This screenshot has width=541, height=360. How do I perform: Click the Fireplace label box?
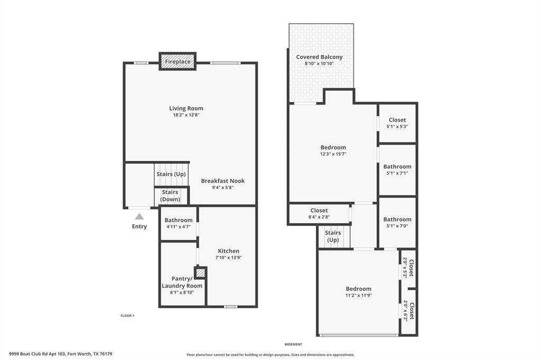coord(178,61)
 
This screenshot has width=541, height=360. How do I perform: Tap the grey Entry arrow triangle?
coord(139,216)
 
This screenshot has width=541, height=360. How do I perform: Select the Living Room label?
coord(186,108)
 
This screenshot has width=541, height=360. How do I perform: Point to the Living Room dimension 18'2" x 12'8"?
coord(186,115)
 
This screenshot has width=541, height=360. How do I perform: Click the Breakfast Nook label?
coord(222,181)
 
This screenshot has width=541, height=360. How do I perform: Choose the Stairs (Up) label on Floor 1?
coord(171,174)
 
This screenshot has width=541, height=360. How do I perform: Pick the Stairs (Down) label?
coord(170,196)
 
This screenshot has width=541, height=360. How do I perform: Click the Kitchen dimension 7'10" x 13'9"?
coord(229,258)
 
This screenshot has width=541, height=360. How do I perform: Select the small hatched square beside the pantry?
coord(200,272)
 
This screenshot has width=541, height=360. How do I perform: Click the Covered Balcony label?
coord(319,57)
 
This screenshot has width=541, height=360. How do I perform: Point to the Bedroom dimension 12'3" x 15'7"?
coord(333,154)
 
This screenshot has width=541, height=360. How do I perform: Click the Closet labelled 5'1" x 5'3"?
coord(397,120)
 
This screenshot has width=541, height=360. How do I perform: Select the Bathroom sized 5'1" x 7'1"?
coord(397,166)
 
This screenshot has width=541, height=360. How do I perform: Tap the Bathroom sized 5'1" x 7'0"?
coord(397,219)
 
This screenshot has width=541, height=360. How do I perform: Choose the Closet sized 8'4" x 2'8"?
coord(319,211)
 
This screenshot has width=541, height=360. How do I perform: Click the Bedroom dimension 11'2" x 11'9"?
coord(359,296)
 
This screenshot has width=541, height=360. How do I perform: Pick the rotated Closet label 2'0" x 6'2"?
coord(408,310)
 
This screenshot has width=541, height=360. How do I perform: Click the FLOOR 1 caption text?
coord(128,316)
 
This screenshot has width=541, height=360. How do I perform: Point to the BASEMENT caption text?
coord(293,344)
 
